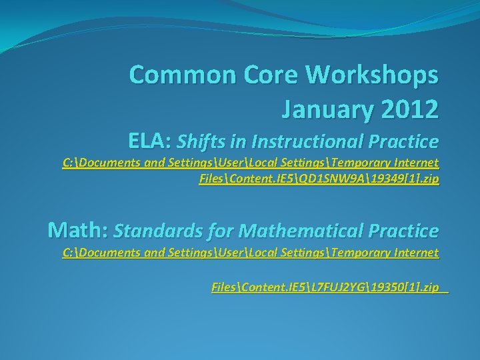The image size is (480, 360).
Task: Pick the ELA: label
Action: pos(151,141)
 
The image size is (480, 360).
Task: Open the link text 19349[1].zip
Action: pos(406,179)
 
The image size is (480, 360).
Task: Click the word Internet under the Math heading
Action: pos(416,253)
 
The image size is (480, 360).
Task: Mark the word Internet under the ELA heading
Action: pos(416,163)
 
